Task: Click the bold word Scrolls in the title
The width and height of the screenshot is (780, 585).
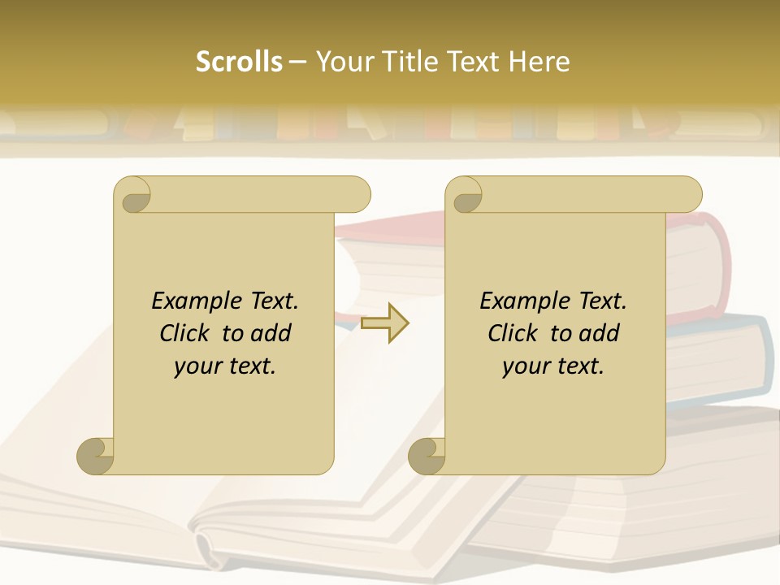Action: coord(239,62)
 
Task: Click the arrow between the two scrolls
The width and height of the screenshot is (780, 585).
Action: coord(385,323)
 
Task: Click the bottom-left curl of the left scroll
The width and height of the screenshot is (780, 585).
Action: coord(95,457)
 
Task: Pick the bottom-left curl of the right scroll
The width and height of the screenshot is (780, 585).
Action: coord(427,457)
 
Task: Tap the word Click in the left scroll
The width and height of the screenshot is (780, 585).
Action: coord(187,333)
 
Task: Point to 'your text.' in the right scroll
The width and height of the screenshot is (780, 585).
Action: coord(553,366)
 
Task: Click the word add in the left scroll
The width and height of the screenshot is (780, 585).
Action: coord(272,333)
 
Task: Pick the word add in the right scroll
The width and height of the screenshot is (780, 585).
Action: coord(600,333)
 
